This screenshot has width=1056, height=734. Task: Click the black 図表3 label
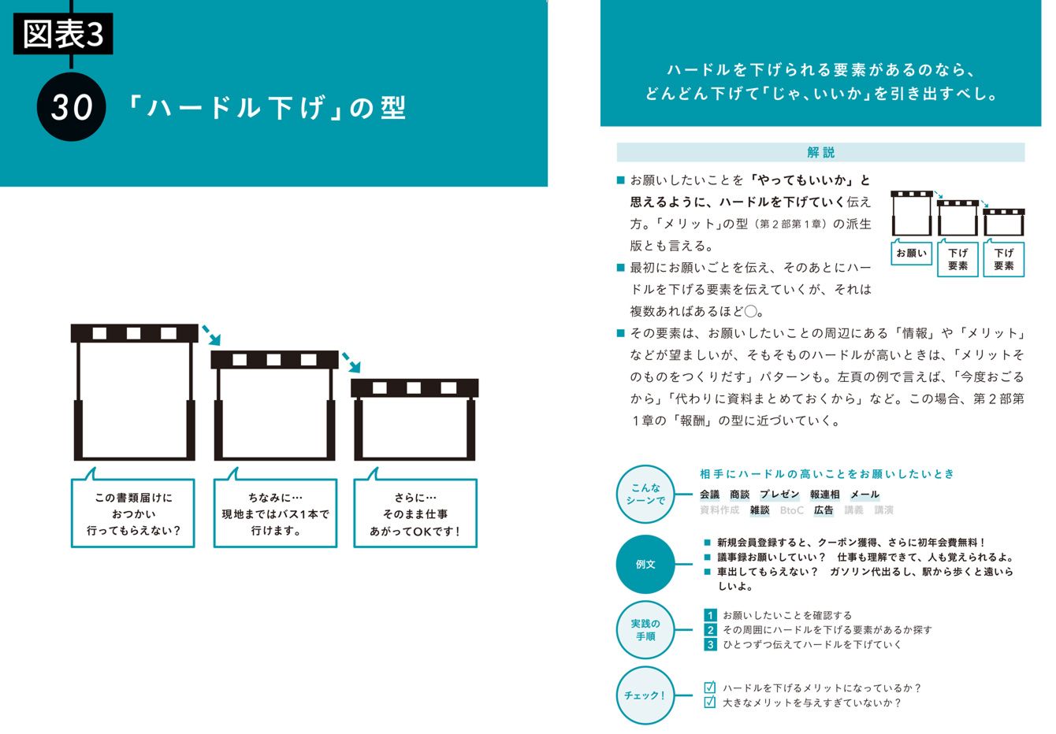[63, 34]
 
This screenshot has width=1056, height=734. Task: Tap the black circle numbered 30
[71, 107]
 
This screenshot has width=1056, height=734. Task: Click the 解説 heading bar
[820, 152]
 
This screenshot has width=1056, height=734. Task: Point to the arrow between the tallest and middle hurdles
[211, 335]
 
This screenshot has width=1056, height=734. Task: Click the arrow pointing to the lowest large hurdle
[351, 362]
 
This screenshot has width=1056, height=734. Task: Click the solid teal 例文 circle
[645, 564]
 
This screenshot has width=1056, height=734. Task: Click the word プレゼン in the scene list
[779, 495]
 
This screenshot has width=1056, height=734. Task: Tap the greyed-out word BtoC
[791, 510]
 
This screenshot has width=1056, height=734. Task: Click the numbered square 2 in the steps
[710, 630]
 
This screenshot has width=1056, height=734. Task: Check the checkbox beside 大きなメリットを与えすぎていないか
[709, 702]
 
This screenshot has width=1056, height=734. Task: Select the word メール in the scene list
[865, 495]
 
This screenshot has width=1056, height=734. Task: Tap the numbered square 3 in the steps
[710, 644]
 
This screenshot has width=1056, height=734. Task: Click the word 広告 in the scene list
[824, 510]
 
